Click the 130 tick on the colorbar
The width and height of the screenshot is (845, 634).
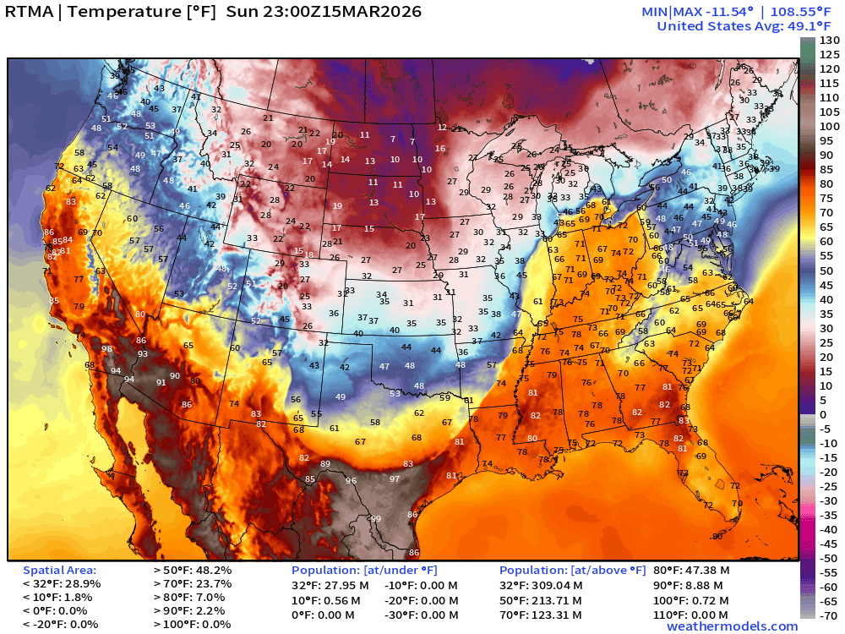829,41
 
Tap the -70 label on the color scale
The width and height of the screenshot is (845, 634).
829,615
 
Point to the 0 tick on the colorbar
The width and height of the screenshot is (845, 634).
823,414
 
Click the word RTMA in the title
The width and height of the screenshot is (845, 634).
31,12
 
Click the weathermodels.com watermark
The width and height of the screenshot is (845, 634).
732,626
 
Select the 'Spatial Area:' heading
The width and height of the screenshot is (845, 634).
59,571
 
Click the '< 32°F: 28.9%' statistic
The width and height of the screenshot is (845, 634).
62,584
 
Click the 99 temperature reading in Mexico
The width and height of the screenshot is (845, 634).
376,519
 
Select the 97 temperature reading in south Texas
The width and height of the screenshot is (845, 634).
395,479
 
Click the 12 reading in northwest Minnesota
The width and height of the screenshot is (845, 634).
442,127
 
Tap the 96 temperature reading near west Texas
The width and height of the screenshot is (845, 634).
351,481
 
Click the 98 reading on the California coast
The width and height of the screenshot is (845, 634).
107,349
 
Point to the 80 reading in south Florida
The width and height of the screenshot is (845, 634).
717,537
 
